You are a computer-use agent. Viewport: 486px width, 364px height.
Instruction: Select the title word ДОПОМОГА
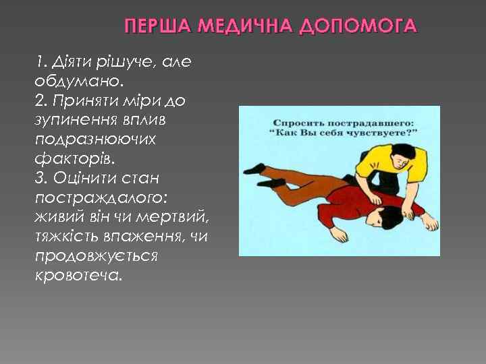coord(359,26)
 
